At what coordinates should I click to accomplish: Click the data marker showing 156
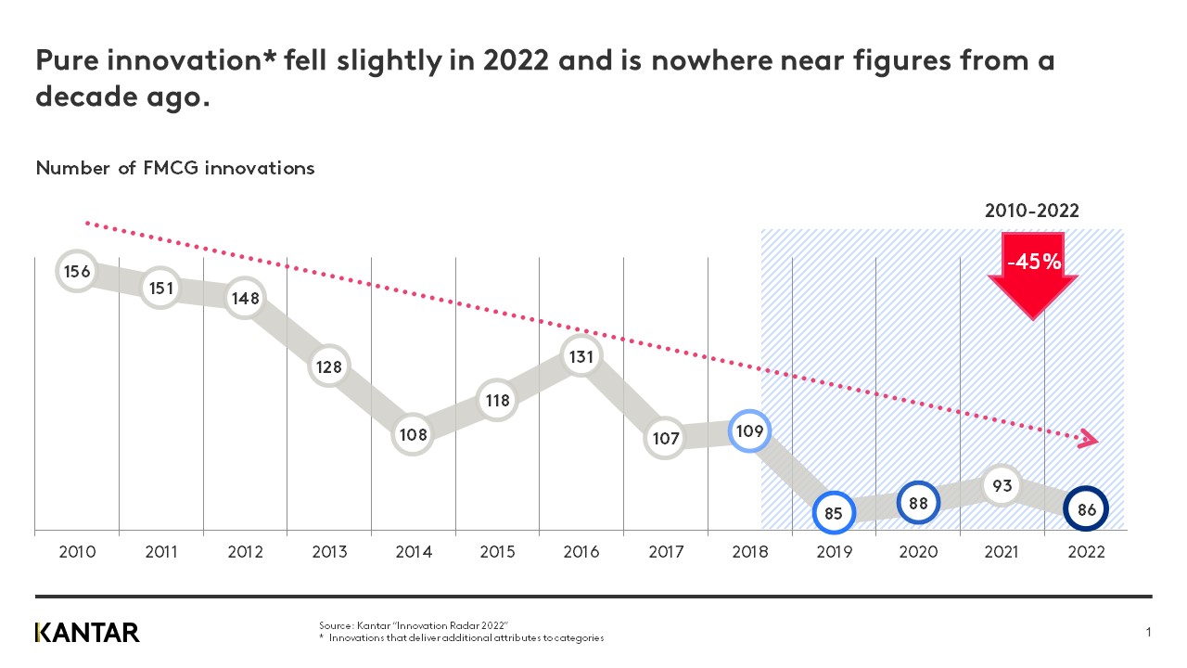77,271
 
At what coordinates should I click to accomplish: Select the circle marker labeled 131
581,357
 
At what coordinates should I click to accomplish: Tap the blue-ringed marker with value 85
833,512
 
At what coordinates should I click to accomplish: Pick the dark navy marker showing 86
1086,509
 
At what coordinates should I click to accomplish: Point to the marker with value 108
413,433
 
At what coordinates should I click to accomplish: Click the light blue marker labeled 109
748,431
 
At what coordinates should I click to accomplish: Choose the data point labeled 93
1002,485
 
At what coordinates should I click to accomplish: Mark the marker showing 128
328,367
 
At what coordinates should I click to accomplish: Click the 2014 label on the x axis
414,553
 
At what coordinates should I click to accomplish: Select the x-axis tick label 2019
833,553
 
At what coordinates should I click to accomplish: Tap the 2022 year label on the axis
1086,553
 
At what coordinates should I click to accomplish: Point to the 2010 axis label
77,553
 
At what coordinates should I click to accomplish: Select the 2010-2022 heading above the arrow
1031,212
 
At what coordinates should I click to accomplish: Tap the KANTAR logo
87,633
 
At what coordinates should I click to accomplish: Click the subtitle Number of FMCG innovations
175,168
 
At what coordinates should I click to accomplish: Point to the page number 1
1148,633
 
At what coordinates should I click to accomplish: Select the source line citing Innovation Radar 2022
415,627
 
